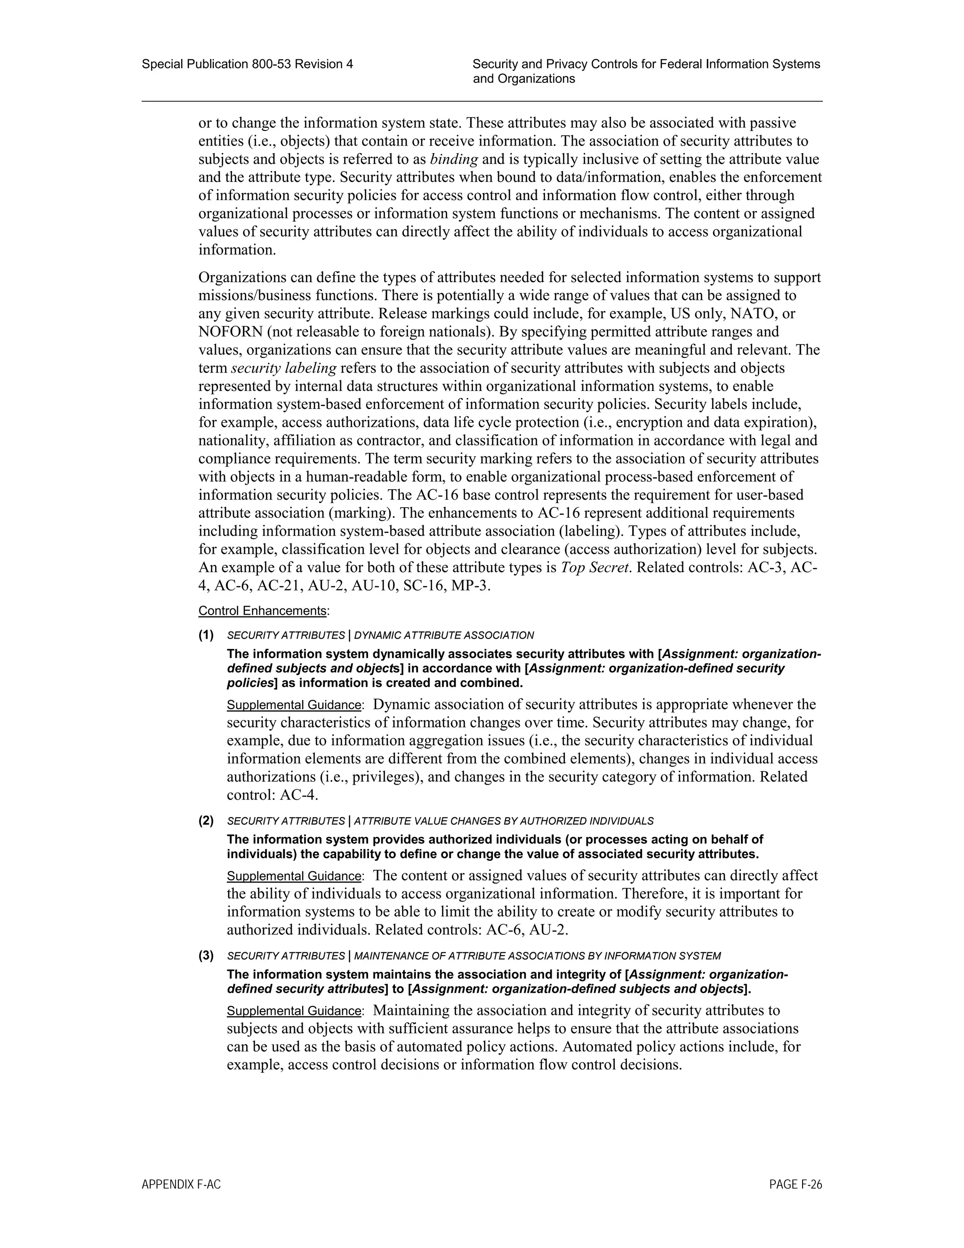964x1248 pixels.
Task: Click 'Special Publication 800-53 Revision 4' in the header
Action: pyautogui.click(x=247, y=64)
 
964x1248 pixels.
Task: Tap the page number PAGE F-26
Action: pyautogui.click(x=795, y=1184)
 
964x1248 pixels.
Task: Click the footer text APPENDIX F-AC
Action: pyautogui.click(x=181, y=1184)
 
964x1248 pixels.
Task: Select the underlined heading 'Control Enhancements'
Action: pyautogui.click(x=263, y=611)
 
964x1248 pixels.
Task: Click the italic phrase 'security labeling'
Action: pyautogui.click(x=284, y=368)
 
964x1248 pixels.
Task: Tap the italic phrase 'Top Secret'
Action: pyautogui.click(x=595, y=568)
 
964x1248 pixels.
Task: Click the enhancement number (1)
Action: pyautogui.click(x=206, y=635)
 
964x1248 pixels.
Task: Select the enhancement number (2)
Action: pyautogui.click(x=206, y=821)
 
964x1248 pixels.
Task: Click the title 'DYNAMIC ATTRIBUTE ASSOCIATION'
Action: pyautogui.click(x=444, y=635)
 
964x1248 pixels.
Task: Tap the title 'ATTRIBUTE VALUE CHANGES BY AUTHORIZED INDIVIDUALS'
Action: pyautogui.click(x=503, y=822)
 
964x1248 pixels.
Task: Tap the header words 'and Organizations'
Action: pyautogui.click(x=524, y=79)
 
